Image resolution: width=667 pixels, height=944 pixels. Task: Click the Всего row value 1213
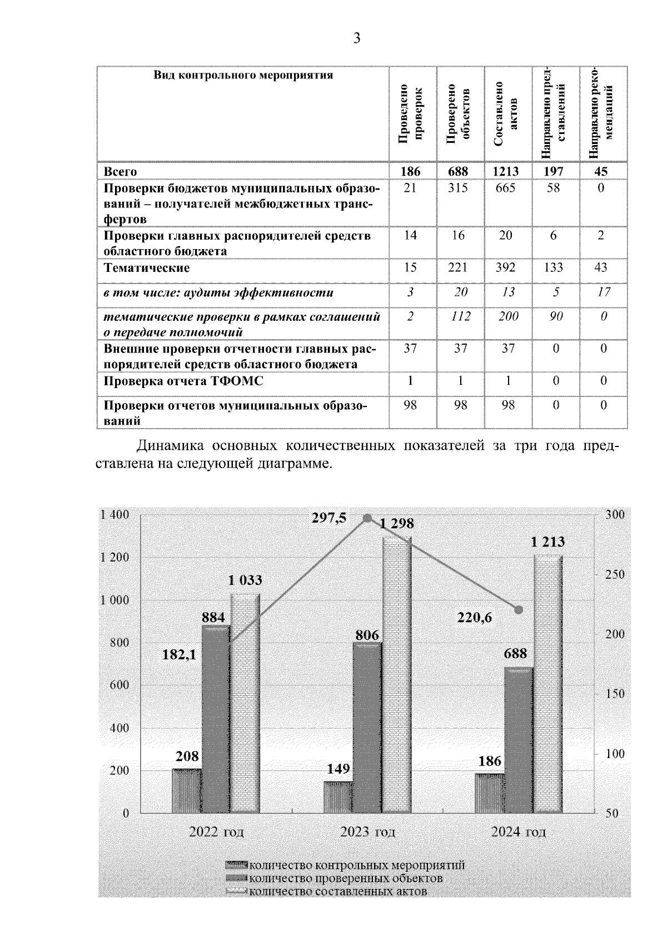pos(505,171)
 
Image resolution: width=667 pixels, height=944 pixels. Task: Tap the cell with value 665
pos(505,188)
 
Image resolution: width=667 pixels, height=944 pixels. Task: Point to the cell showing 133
pos(554,268)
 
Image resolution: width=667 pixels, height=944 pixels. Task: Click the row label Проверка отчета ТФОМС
pos(183,381)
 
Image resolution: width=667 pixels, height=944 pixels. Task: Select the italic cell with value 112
pos(459,316)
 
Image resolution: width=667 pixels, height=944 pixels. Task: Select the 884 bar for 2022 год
pos(216,717)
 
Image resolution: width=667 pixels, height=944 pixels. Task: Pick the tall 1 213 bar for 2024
pos(548,684)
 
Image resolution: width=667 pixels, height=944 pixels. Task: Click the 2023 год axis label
pos(367,832)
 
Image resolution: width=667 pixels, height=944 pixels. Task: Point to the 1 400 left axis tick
pos(114,515)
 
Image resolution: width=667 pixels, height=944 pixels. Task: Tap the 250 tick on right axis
pos(615,575)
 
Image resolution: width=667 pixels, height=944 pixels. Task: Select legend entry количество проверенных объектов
pos(345,879)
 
